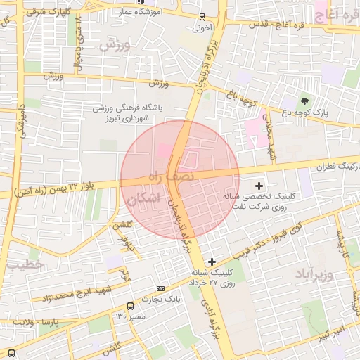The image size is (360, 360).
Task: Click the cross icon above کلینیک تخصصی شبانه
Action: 259,186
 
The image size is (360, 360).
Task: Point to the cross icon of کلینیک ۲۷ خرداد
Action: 212,262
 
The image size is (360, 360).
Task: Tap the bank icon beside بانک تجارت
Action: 161,288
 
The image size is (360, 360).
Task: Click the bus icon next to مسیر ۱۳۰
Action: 131,306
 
